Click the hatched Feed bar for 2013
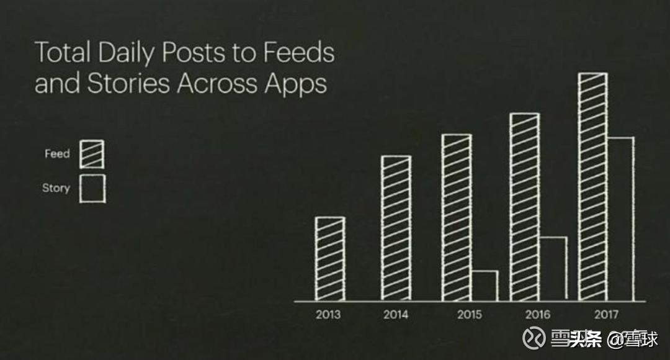pyautogui.click(x=329, y=259)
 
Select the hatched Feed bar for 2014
pyautogui.click(x=396, y=228)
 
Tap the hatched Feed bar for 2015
pyautogui.click(x=456, y=217)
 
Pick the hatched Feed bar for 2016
pyautogui.click(x=524, y=207)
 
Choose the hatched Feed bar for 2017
pyautogui.click(x=592, y=186)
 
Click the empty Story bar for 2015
pyautogui.click(x=484, y=286)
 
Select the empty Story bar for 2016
pyautogui.click(x=553, y=269)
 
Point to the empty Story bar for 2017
pyautogui.click(x=620, y=218)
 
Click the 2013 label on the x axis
pyautogui.click(x=328, y=315)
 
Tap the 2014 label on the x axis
pyautogui.click(x=396, y=315)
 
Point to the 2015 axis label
pyautogui.click(x=469, y=315)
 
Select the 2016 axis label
pyautogui.click(x=537, y=315)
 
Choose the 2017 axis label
pyautogui.click(x=605, y=315)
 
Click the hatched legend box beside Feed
pyautogui.click(x=92, y=154)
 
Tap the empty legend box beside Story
pyautogui.click(x=92, y=188)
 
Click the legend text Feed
pyautogui.click(x=57, y=154)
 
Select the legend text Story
pyautogui.click(x=56, y=188)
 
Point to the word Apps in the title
pyautogui.click(x=296, y=84)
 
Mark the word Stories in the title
pyautogui.click(x=128, y=84)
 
